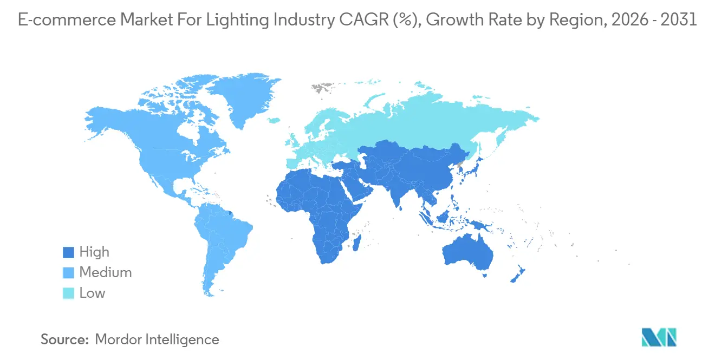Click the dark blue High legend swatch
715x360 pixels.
click(x=68, y=252)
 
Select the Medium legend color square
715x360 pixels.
click(x=68, y=273)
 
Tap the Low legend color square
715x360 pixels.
click(x=68, y=293)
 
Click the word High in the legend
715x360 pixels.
click(x=94, y=252)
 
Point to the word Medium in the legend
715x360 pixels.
click(x=106, y=273)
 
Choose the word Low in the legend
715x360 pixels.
click(x=92, y=293)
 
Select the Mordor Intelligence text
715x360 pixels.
click(x=157, y=339)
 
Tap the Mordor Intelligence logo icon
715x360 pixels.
click(x=659, y=338)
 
